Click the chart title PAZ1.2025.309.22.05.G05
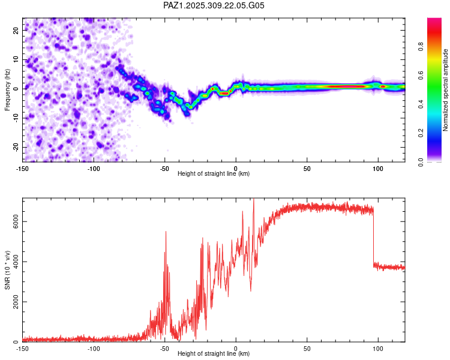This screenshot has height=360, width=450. (x=214, y=5)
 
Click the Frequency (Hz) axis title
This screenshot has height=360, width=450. (x=7, y=88)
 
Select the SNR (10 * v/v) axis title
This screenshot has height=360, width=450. (x=7, y=269)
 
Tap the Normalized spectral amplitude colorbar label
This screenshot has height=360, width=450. (x=446, y=90)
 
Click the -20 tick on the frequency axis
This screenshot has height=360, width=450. (x=15, y=147)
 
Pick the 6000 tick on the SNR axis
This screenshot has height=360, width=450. (x=12, y=221)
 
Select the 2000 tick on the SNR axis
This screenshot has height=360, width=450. (x=12, y=302)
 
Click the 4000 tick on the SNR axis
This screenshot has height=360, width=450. (x=12, y=262)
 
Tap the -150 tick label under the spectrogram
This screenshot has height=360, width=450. (x=23, y=169)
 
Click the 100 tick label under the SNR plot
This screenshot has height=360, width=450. (x=378, y=349)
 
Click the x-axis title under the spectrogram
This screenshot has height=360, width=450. (x=214, y=173)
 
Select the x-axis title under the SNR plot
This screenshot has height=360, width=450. (x=214, y=353)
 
